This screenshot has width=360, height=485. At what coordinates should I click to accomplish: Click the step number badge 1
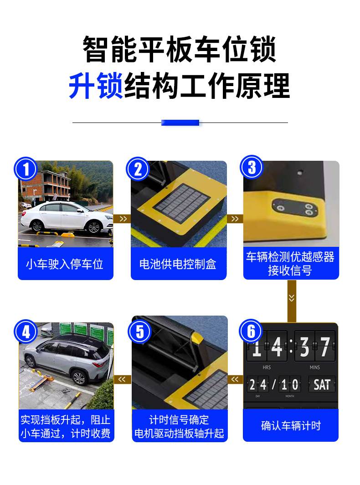click(x=26, y=169)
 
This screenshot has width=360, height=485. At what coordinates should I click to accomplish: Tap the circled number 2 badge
click(x=138, y=169)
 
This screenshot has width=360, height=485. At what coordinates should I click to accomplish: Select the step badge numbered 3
click(x=252, y=167)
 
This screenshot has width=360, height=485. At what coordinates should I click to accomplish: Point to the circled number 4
click(x=26, y=332)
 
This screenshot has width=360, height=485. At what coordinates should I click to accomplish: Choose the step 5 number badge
click(x=139, y=332)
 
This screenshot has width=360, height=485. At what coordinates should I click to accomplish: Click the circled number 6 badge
click(x=251, y=331)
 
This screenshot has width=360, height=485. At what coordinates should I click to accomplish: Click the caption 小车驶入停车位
click(x=64, y=265)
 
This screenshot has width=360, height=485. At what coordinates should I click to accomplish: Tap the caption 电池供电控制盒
click(x=178, y=265)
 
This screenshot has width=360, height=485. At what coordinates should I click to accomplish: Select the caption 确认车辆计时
click(x=291, y=426)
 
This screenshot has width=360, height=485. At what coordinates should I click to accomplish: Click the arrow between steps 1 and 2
click(x=122, y=219)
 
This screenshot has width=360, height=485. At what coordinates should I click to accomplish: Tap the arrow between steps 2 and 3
click(x=235, y=219)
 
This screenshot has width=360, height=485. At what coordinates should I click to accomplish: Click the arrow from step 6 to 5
click(x=235, y=379)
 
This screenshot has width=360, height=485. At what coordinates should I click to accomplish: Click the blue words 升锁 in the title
click(x=96, y=86)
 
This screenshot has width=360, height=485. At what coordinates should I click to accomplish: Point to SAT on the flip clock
click(x=322, y=385)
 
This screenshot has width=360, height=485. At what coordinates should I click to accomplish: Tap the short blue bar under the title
click(x=180, y=123)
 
